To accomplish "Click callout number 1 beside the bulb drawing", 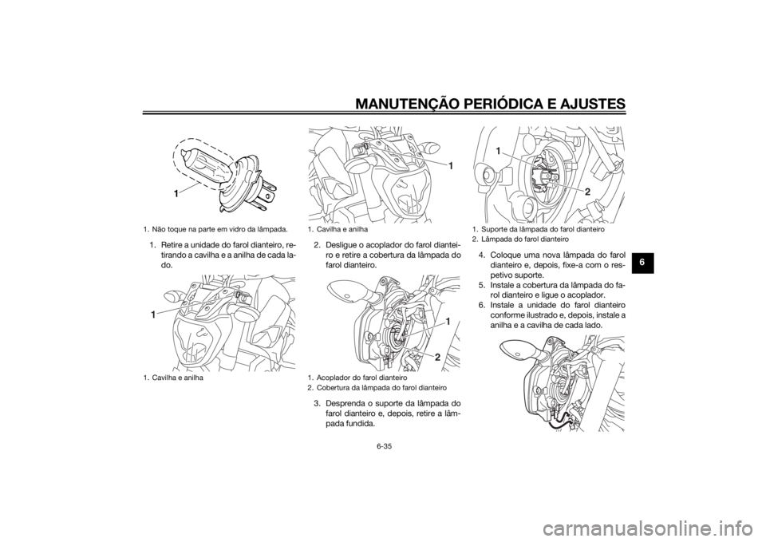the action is coord(174,194).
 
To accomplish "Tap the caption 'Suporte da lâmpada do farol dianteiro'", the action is coord(539,229).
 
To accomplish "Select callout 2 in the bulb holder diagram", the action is coord(587,193).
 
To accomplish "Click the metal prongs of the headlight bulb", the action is coord(264,195).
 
